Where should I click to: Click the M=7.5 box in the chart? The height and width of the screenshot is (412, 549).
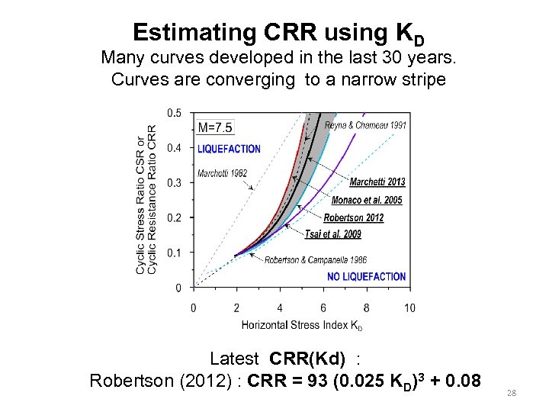click(216, 127)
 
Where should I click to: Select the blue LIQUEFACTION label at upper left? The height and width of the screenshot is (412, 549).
click(229, 150)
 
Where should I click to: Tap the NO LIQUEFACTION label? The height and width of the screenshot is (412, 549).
click(366, 276)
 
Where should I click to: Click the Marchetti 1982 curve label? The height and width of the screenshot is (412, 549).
click(222, 173)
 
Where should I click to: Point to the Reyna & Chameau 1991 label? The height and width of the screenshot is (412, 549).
click(364, 126)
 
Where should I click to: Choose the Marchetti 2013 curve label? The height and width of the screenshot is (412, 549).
click(377, 182)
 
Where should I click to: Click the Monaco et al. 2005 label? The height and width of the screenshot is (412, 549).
click(367, 200)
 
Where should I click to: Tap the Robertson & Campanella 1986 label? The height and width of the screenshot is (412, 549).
click(315, 260)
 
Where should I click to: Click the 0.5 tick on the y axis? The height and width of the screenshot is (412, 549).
click(175, 113)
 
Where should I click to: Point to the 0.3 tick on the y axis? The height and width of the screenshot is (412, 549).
click(175, 182)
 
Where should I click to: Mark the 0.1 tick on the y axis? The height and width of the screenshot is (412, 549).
click(175, 253)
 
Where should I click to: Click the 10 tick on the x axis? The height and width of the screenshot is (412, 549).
click(409, 307)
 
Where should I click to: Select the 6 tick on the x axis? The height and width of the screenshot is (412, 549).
click(323, 307)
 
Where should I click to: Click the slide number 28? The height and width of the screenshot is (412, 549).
click(512, 392)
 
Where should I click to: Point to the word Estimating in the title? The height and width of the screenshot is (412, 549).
click(184, 32)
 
